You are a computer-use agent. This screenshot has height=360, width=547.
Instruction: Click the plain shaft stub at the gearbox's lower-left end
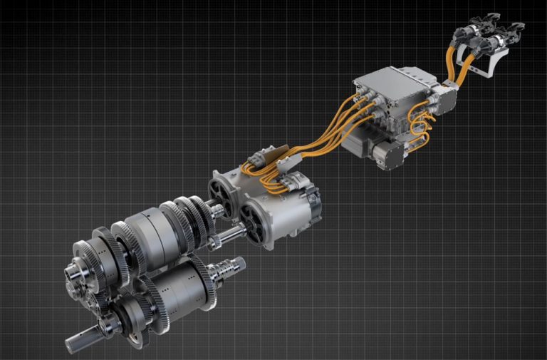77,341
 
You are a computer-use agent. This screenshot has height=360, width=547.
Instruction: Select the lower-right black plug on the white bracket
509,35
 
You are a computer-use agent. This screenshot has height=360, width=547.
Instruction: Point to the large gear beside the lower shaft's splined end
210,281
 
